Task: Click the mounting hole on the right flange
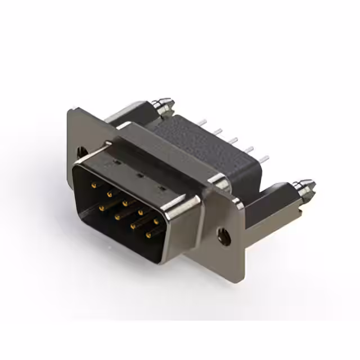[x=226, y=236]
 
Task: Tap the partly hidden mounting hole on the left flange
[x=80, y=151]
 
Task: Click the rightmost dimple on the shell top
[x=164, y=188]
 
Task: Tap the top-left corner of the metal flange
[x=70, y=111]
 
